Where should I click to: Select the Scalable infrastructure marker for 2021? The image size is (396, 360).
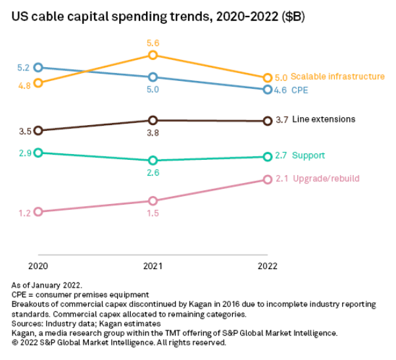pos(153,55)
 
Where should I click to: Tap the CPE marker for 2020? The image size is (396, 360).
pos(38,67)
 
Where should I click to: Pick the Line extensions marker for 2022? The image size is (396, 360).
pos(267,121)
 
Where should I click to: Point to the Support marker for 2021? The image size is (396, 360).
pos(153,161)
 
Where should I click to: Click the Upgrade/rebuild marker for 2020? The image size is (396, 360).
pos(38,212)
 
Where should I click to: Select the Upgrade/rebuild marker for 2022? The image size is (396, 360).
pos(267,179)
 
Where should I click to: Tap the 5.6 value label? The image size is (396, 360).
pos(153,43)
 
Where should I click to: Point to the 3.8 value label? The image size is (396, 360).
pos(153,133)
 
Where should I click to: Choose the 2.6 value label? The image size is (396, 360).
pos(153,172)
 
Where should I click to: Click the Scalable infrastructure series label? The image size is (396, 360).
pos(337,76)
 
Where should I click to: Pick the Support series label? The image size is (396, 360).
pos(309,156)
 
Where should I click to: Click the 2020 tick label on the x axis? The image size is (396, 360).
pos(38,266)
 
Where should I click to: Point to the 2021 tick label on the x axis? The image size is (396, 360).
pos(153,266)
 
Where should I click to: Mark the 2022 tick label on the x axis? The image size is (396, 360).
pos(267,266)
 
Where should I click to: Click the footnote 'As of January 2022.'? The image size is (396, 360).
pos(47,285)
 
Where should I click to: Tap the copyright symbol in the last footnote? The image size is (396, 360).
pos(15,343)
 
